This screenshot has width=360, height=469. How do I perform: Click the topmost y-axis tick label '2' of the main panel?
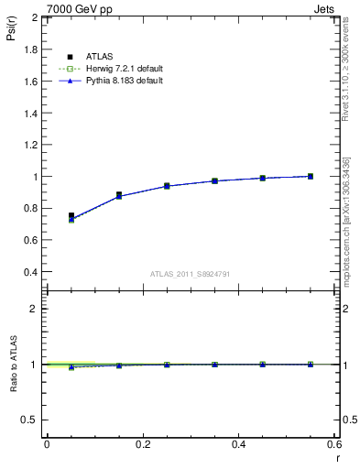pos(35,17)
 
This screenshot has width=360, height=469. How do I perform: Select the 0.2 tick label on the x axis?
pos(142,445)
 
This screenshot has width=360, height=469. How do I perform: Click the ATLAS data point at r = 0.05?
pos(71,216)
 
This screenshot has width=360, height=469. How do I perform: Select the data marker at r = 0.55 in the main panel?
pos(311,176)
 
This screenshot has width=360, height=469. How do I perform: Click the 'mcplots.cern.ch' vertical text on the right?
pos(345,234)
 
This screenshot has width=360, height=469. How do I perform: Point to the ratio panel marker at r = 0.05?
pos(71,366)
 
